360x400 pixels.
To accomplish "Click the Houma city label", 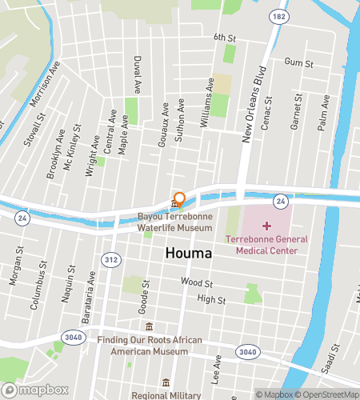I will (x=189, y=254).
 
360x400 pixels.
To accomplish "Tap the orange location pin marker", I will (x=180, y=200).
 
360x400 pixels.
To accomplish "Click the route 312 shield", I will (x=111, y=258).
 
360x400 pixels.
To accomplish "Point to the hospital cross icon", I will (x=266, y=226).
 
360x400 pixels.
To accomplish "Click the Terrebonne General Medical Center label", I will (x=261, y=245).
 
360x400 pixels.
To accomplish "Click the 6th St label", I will (x=226, y=37).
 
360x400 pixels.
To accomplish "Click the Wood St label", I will (x=197, y=282).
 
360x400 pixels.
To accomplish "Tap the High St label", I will (x=211, y=299).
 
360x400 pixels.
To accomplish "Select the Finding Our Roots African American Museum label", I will (x=150, y=345).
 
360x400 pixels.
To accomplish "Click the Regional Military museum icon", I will (x=166, y=383).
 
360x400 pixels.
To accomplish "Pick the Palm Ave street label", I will (x=324, y=110).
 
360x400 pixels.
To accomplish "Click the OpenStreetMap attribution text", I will (x=327, y=394).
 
